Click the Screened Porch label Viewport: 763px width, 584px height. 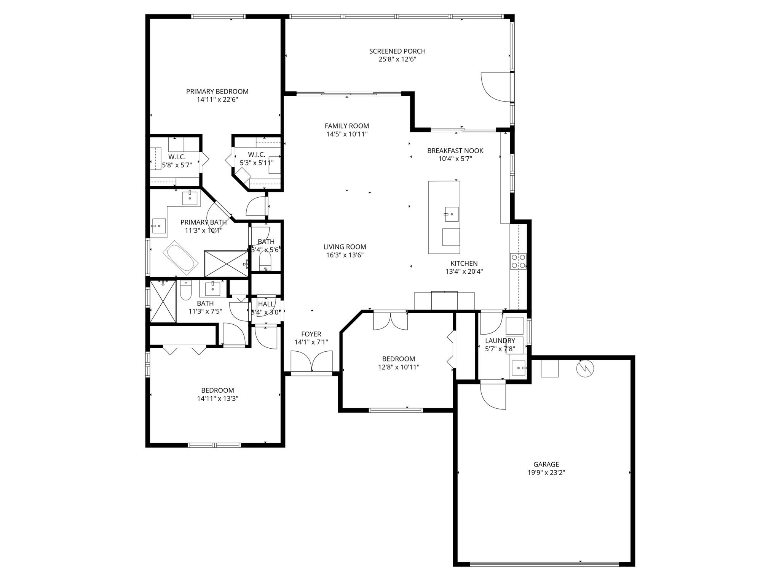click(x=397, y=51)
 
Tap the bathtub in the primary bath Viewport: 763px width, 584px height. click(x=181, y=257)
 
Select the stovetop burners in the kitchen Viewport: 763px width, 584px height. click(x=518, y=261)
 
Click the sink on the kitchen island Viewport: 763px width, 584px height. click(x=452, y=214)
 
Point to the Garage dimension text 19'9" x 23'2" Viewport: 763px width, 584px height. click(x=546, y=473)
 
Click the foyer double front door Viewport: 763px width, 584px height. click(x=311, y=361)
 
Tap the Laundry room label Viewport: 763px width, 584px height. click(x=500, y=341)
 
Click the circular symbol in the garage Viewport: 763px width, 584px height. click(x=585, y=368)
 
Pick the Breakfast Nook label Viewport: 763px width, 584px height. click(x=455, y=151)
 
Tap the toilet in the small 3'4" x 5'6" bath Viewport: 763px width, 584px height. click(x=265, y=261)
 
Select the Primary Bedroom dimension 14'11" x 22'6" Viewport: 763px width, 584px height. click(x=217, y=100)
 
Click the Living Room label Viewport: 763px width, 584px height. click(x=345, y=247)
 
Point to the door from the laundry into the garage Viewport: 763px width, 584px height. click(x=493, y=396)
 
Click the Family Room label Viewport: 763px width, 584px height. click(x=346, y=126)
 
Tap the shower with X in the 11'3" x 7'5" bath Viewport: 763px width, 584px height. click(x=163, y=301)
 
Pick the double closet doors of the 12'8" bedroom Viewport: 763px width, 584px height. click(x=390, y=320)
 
